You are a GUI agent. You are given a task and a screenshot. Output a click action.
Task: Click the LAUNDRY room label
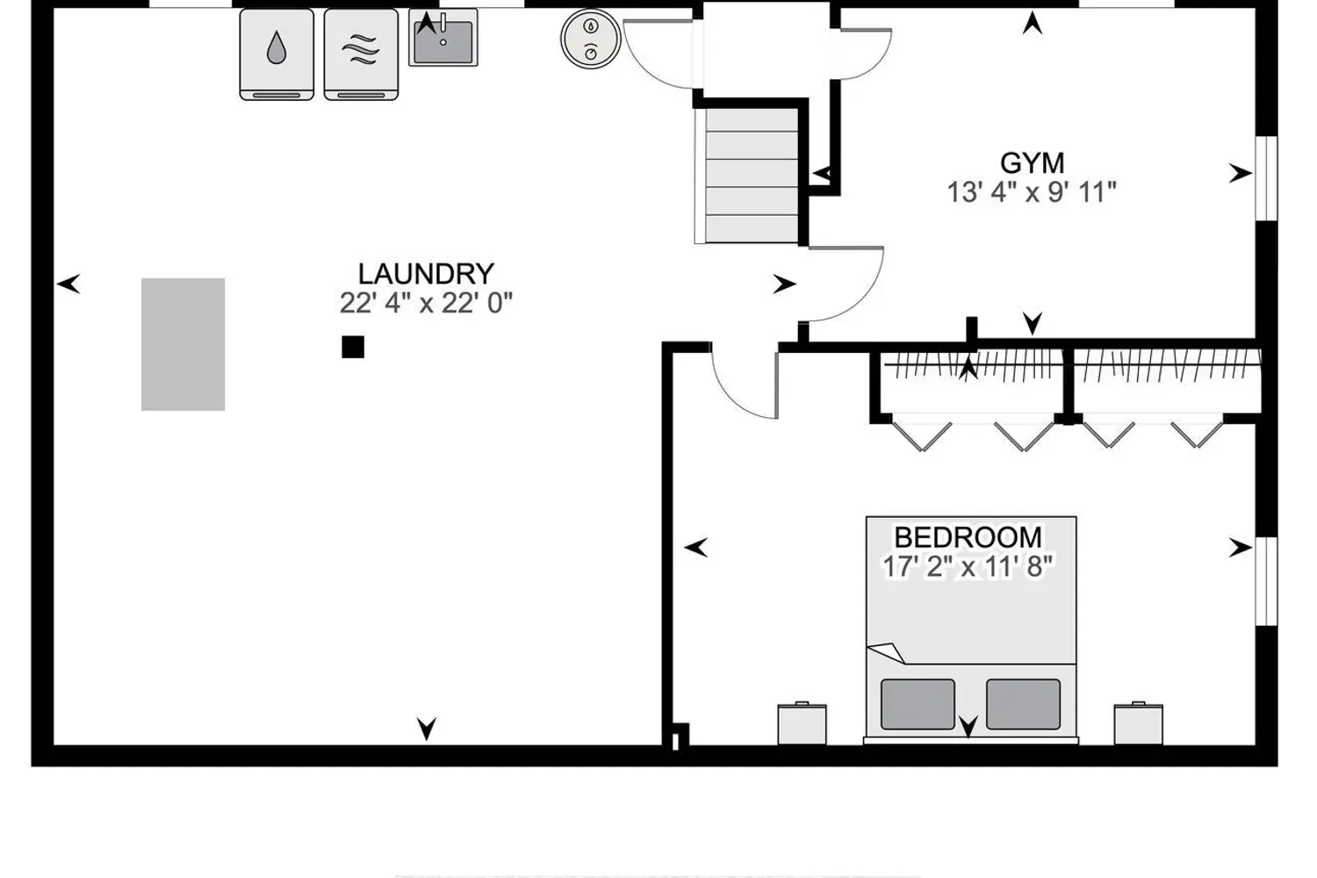click(426, 274)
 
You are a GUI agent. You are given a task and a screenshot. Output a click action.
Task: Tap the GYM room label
click(1032, 163)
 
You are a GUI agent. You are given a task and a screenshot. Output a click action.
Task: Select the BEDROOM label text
click(968, 537)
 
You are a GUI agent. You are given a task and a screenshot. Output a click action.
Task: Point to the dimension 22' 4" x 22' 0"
click(426, 304)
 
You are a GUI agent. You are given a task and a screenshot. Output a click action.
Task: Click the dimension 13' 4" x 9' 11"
click(1032, 192)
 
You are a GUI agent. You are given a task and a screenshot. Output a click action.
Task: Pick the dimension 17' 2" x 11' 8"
click(968, 567)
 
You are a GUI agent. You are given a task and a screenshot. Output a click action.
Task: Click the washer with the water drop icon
click(277, 54)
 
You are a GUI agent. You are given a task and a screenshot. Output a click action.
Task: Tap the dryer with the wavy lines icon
click(361, 54)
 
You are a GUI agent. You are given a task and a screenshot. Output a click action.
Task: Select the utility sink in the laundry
click(443, 38)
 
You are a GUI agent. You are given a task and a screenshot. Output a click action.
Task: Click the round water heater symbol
click(591, 39)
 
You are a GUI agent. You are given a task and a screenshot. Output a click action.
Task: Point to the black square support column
click(353, 347)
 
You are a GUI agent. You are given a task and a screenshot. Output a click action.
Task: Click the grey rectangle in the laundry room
click(183, 344)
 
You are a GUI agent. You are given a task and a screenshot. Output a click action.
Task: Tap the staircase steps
click(752, 176)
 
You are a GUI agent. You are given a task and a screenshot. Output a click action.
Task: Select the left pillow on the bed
click(918, 704)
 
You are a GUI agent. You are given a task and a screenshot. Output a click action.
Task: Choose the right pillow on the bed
click(1024, 704)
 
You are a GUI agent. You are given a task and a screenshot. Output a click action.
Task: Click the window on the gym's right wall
click(1267, 178)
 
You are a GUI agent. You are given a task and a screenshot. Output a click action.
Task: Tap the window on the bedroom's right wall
click(1267, 581)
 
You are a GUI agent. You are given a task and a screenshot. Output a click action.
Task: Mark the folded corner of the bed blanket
click(887, 652)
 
